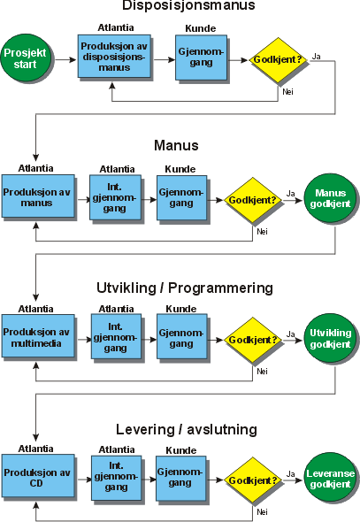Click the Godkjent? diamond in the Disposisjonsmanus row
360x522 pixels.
coord(276,59)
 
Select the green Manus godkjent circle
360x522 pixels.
coord(329,198)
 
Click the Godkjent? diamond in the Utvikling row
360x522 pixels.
coord(250,338)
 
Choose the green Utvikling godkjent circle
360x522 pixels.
coord(329,338)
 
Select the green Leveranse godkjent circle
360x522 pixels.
coord(329,478)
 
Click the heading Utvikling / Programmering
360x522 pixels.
coord(185,288)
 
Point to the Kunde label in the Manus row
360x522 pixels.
coord(180,168)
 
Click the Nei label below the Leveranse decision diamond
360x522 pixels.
coord(262,511)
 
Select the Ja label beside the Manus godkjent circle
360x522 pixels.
coord(290,192)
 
